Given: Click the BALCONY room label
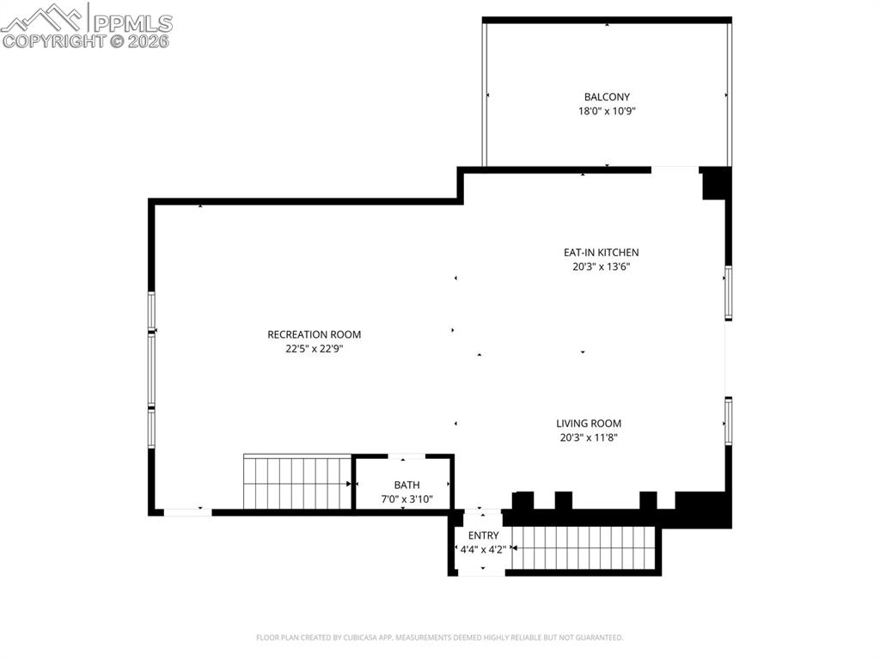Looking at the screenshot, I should pos(607,97).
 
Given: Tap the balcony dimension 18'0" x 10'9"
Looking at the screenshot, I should pos(607,111).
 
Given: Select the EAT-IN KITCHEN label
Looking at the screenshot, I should pos(601,253).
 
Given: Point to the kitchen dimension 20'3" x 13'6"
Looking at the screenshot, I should pos(601,266).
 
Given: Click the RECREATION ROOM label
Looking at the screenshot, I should pos(314,334).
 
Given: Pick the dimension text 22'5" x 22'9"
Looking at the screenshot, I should pos(314,349).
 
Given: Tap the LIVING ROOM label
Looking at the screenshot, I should pos(588,423).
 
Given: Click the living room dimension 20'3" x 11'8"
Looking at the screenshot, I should pos(588,437).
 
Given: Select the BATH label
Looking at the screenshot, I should pos(406,485).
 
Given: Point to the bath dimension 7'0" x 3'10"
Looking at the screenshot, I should pos(406,498).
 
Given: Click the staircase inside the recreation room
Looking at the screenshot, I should pos(296,483).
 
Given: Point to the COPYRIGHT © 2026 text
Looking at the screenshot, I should pos(86,40).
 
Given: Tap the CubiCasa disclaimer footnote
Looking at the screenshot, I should pos(439,638).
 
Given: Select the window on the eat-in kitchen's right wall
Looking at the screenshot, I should pos(728,292).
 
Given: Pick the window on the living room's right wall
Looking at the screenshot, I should pos(728,421).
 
